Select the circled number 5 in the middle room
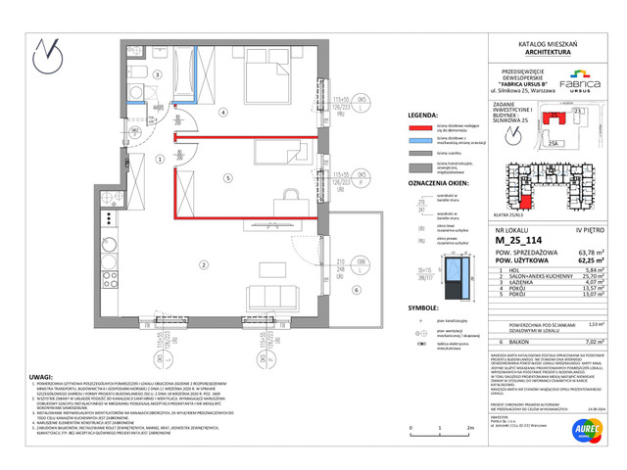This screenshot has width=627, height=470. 226,177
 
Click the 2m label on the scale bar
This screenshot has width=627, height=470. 470,429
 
